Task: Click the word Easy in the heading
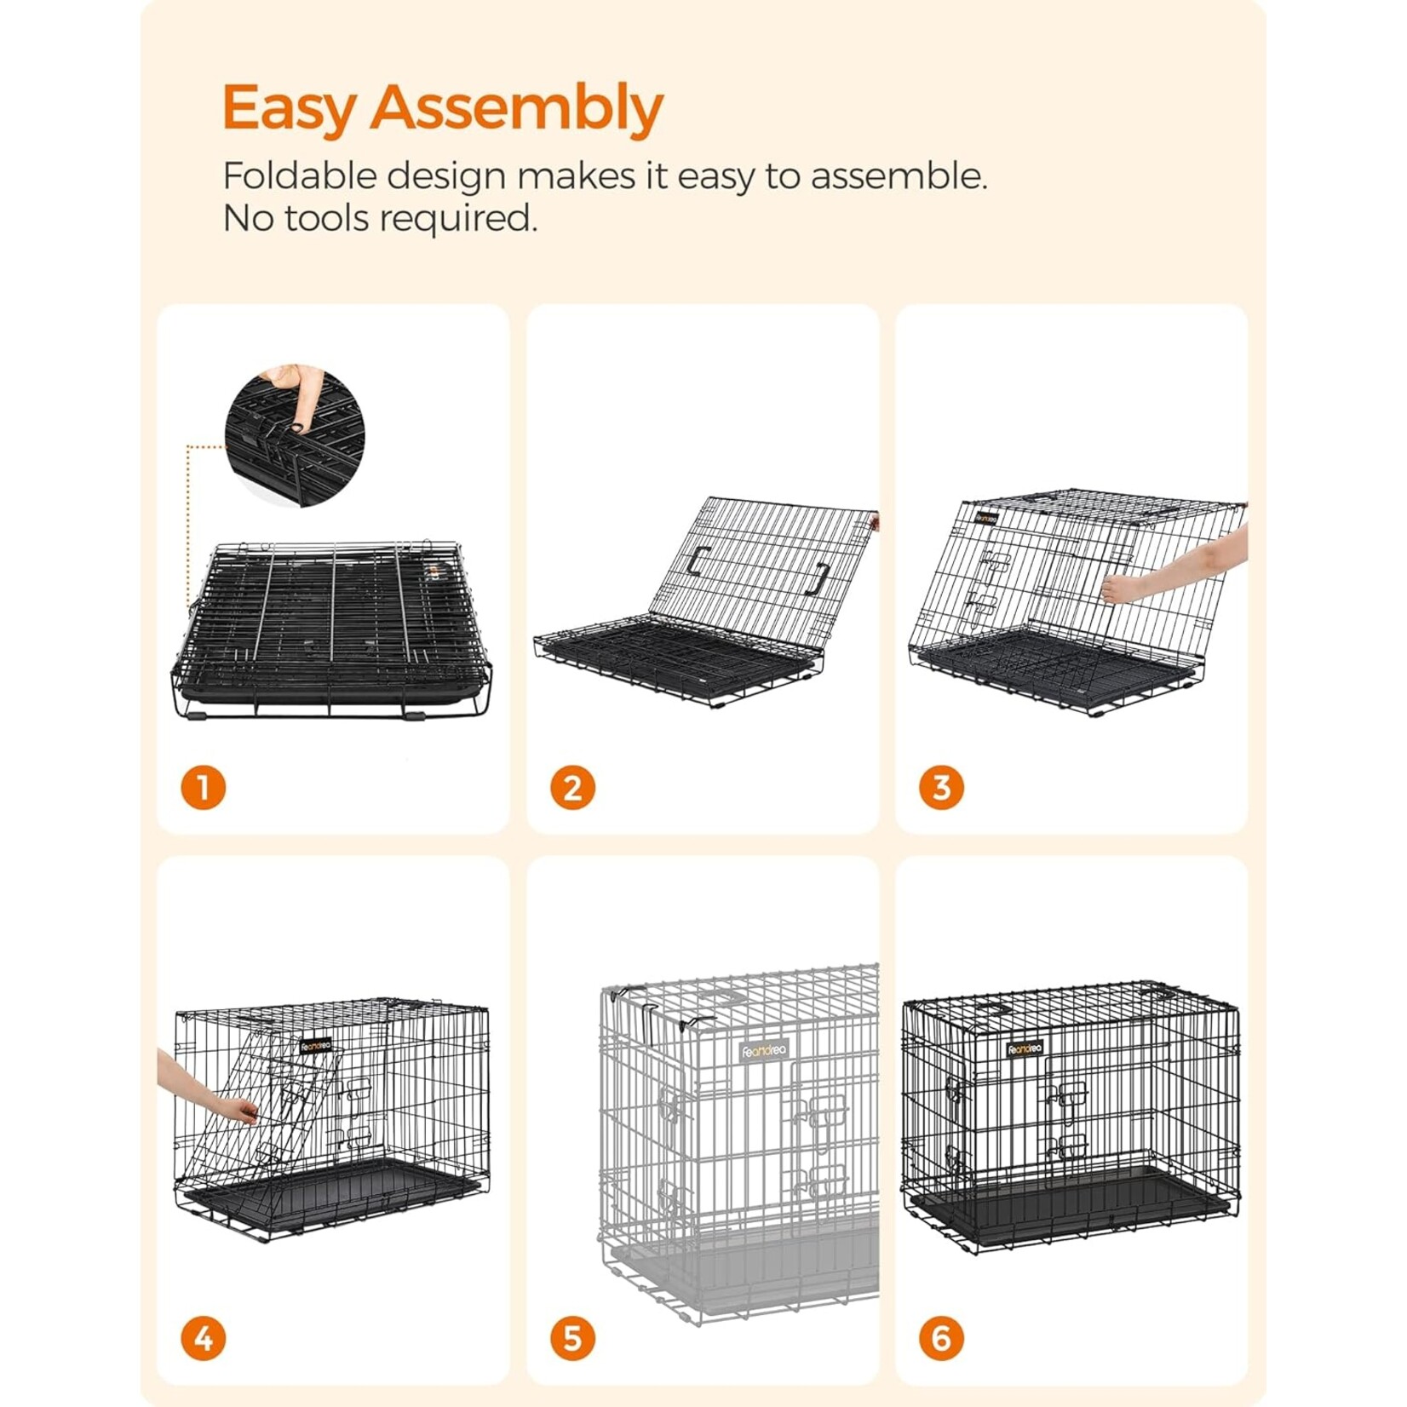[288, 108]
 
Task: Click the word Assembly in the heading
[516, 108]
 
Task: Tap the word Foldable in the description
[299, 176]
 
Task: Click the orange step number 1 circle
[203, 788]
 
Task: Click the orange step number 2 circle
[572, 788]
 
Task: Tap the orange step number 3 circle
[941, 788]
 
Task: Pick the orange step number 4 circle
[203, 1339]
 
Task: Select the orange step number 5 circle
[572, 1339]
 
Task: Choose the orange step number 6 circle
[941, 1339]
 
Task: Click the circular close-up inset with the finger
[295, 437]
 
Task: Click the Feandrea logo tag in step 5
[764, 1051]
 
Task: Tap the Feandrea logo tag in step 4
[315, 1045]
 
